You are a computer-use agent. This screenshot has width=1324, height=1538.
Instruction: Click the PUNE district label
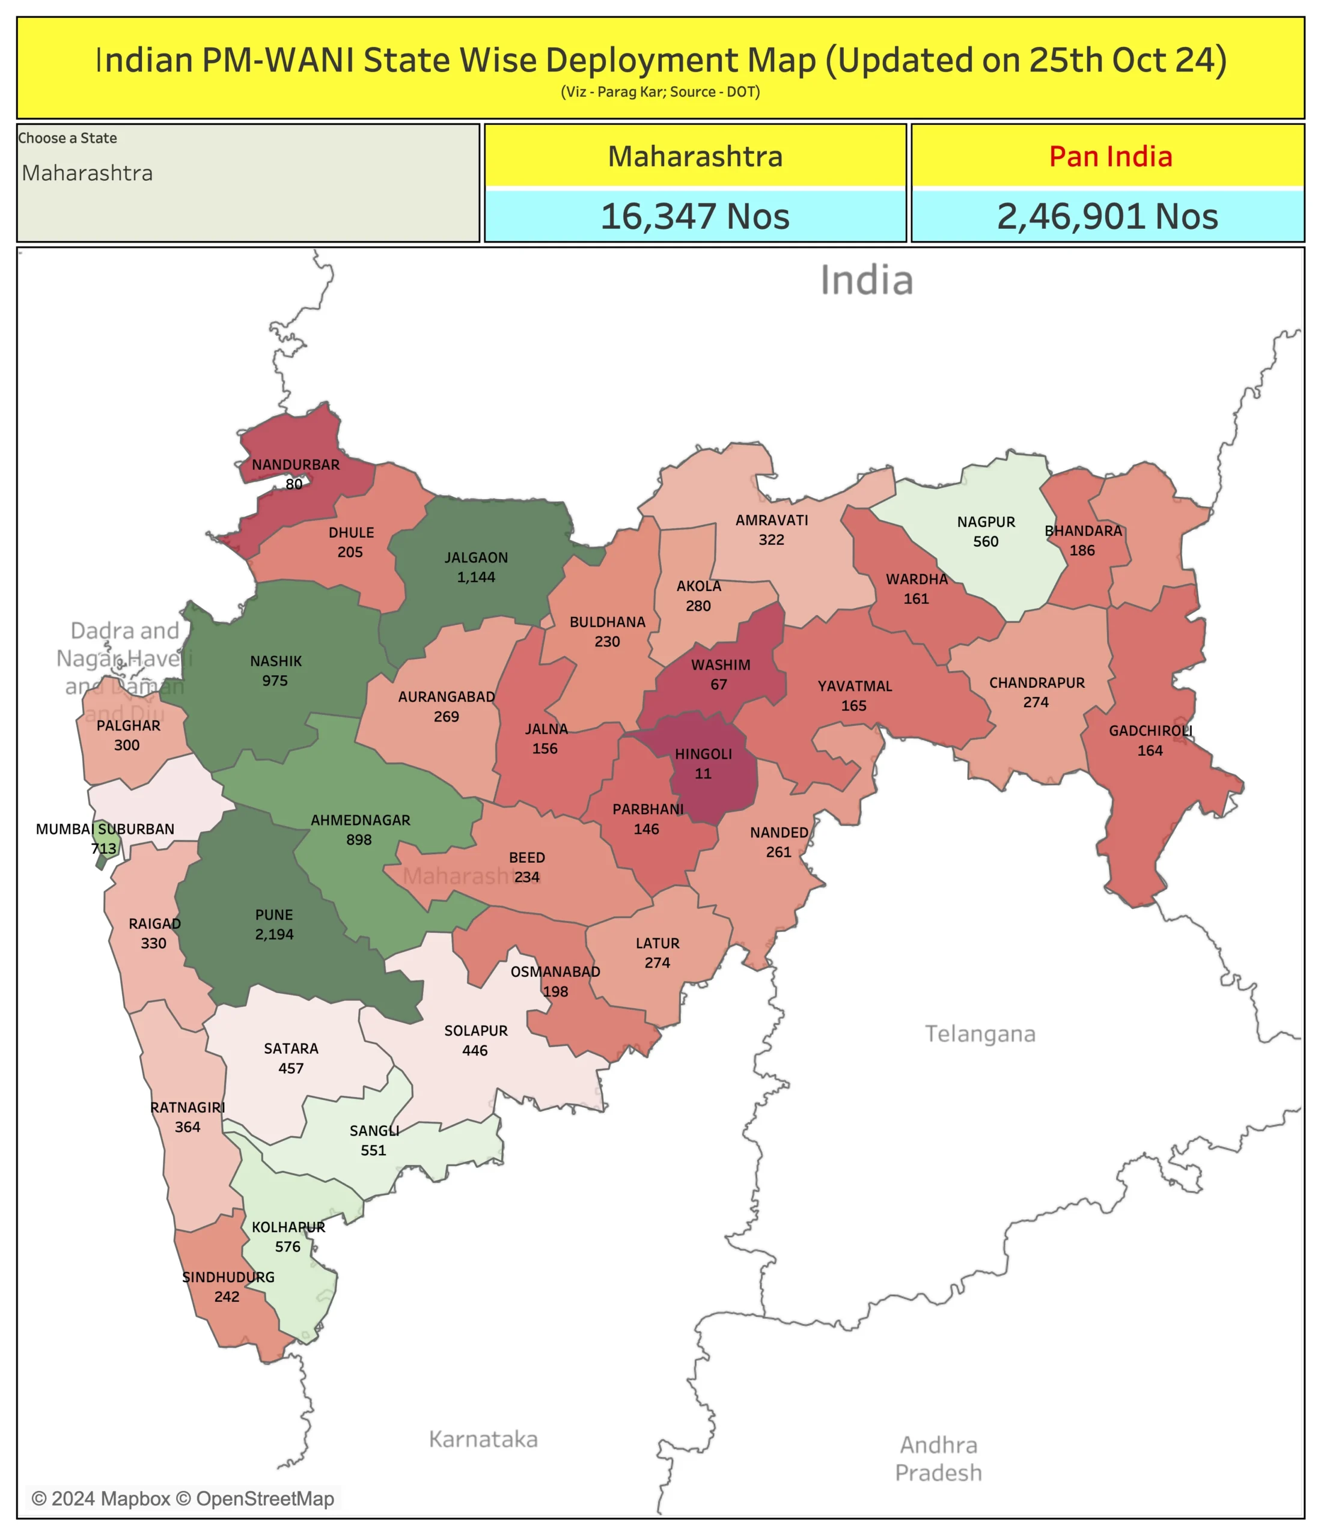point(274,914)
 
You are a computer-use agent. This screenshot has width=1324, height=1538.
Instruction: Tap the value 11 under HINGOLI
point(703,773)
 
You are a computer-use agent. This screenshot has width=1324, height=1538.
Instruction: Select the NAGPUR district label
point(986,522)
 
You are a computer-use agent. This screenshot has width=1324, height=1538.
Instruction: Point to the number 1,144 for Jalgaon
point(476,577)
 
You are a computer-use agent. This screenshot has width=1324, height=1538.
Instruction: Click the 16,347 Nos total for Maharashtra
point(694,217)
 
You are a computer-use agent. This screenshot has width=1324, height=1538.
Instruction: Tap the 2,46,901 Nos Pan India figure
point(1106,217)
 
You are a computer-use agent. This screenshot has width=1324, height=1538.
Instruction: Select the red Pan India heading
point(1110,157)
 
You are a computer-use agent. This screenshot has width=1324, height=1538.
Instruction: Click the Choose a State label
point(67,138)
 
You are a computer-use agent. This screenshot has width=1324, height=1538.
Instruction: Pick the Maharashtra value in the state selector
point(87,173)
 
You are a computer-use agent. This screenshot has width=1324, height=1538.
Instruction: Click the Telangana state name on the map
point(980,1033)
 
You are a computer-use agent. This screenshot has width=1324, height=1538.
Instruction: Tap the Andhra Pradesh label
point(938,1459)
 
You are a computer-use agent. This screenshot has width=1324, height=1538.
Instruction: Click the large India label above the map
point(866,281)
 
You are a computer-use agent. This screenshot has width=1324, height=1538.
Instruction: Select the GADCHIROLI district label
point(1150,731)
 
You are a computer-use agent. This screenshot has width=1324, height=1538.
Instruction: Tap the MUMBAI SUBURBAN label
point(105,828)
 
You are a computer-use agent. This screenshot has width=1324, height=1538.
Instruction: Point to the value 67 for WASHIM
point(718,684)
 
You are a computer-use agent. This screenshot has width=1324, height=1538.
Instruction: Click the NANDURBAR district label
point(296,464)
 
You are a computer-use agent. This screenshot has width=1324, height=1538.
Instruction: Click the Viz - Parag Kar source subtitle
point(660,92)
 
